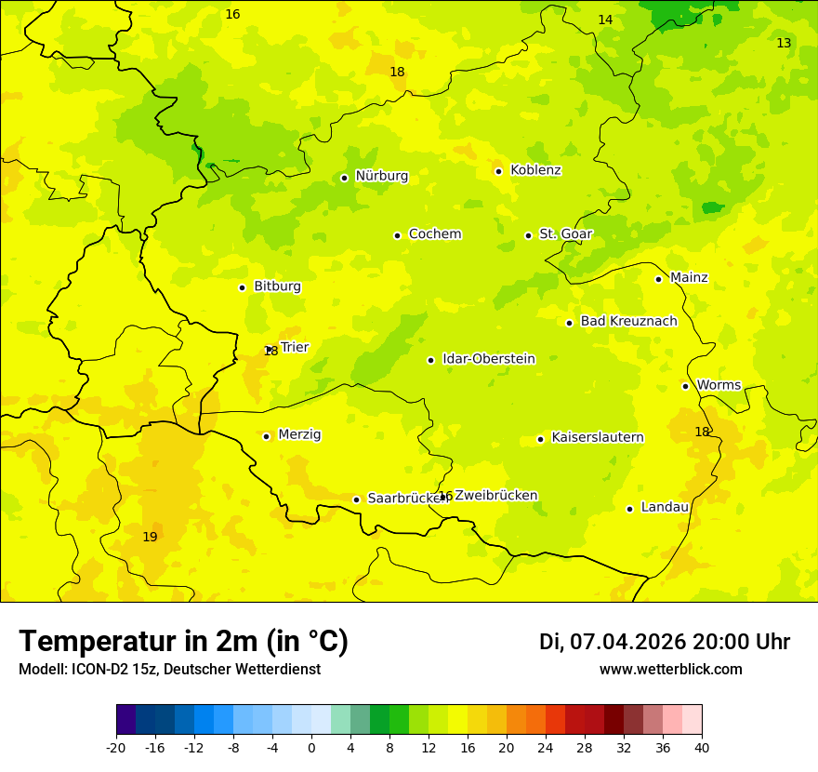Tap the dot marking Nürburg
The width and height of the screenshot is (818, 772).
click(x=344, y=178)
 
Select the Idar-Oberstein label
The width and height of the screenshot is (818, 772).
click(x=488, y=359)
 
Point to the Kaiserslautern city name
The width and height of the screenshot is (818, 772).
click(x=597, y=438)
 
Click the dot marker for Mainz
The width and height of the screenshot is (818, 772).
click(x=658, y=279)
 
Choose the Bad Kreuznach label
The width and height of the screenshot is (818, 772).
click(x=628, y=322)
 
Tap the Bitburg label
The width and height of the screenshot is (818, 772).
click(x=277, y=286)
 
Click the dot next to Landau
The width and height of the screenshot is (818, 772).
click(x=629, y=509)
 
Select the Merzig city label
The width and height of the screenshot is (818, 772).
click(x=299, y=435)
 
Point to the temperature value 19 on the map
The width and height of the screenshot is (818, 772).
click(x=150, y=538)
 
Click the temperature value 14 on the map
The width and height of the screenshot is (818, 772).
click(x=605, y=20)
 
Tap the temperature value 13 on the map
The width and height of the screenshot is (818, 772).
click(x=784, y=44)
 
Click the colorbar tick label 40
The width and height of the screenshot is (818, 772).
click(x=702, y=748)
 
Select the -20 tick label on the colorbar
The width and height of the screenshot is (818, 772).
click(x=116, y=748)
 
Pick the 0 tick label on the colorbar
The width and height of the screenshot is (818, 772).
click(x=311, y=748)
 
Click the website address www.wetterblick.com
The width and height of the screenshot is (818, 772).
click(x=670, y=670)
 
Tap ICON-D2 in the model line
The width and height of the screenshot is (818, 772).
click(x=96, y=670)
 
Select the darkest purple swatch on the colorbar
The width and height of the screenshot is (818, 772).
click(x=125, y=720)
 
